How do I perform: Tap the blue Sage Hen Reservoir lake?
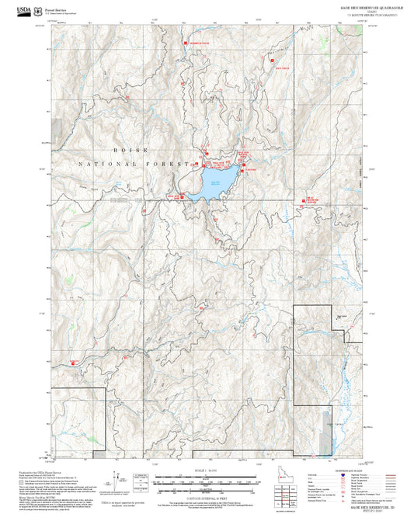click(x=212, y=183)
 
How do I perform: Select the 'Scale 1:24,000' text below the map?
click(x=207, y=468)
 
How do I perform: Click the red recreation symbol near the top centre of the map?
click(x=186, y=43)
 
